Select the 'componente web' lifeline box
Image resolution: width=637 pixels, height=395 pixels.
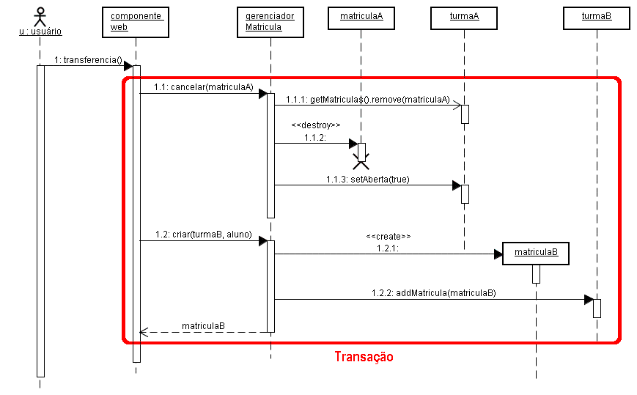tap(136, 22)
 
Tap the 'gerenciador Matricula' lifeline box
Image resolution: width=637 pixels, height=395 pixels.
tap(270, 22)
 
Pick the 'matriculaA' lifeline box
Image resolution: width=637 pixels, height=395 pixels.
tap(361, 17)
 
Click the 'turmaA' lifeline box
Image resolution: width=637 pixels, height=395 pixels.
tap(464, 17)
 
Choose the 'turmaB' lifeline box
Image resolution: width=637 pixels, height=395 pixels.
tap(597, 17)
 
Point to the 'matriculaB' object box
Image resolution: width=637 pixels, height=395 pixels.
tap(536, 253)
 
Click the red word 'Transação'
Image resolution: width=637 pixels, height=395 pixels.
tap(364, 357)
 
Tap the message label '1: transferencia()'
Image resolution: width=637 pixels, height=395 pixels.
tap(87, 59)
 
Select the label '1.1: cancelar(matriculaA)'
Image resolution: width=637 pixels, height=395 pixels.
tap(203, 87)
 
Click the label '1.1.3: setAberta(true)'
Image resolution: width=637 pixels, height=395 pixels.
tap(368, 179)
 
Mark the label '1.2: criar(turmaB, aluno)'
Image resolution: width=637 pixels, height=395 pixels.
tap(203, 235)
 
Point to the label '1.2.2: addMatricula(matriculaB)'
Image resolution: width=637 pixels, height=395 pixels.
tap(433, 292)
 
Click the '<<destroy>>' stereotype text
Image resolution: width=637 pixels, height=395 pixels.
tap(315, 125)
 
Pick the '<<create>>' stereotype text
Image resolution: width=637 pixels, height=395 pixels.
tap(388, 237)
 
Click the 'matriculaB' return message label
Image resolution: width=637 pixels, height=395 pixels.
tap(203, 325)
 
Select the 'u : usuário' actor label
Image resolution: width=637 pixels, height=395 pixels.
tap(40, 32)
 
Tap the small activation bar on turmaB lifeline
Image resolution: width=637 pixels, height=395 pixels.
tap(597, 308)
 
